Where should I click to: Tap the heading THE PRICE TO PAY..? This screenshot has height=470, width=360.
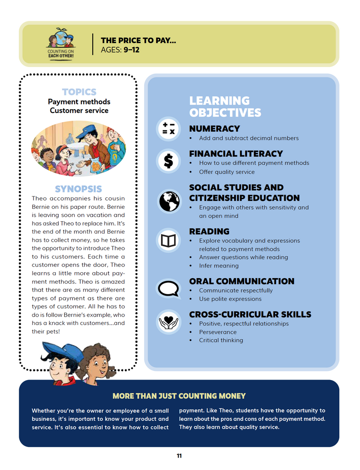tap(138, 41)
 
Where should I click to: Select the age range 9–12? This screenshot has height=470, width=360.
tap(131, 50)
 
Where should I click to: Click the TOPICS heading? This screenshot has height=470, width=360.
tap(79, 92)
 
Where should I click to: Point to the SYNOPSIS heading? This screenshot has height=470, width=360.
tap(79, 189)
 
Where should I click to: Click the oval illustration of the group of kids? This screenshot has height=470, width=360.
tap(78, 148)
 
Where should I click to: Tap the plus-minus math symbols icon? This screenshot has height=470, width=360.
tap(169, 128)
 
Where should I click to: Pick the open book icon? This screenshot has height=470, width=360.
tap(169, 240)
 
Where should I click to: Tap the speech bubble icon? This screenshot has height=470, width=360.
tap(169, 289)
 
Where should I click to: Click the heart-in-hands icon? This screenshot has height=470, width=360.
tap(169, 321)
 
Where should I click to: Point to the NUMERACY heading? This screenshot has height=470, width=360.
tap(214, 129)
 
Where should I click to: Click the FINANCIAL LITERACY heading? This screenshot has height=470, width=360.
tap(236, 153)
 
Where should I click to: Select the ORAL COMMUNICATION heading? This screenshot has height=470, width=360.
tap(242, 281)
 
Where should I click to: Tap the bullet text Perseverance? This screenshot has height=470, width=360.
tap(218, 332)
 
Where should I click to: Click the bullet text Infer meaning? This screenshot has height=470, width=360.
tap(219, 266)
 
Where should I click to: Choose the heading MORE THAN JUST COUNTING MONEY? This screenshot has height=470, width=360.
tap(179, 396)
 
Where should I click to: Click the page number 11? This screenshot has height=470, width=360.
tap(179, 456)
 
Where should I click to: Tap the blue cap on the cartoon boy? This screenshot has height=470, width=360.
tap(64, 351)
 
